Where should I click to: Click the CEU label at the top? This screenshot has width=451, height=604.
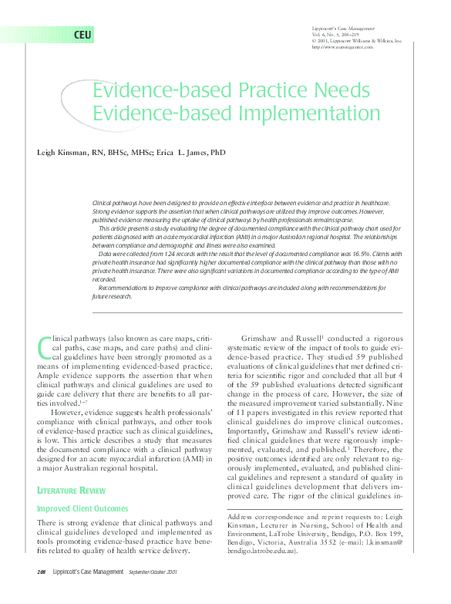[83, 36]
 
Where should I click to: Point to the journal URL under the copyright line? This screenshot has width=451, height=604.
[342, 47]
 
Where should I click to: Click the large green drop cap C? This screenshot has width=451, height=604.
[43, 349]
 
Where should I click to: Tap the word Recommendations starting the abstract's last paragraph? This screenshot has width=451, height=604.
[126, 288]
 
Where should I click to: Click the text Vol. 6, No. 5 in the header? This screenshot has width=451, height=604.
[328, 35]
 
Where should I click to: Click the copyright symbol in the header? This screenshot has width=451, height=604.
[314, 41]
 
